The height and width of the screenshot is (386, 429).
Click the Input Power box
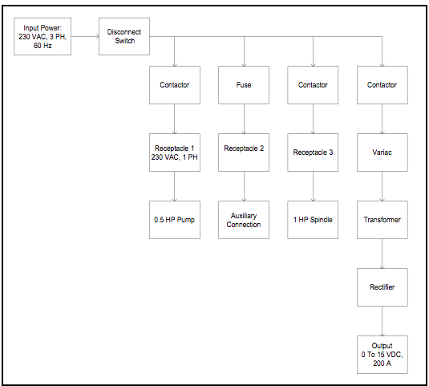pos(42,36)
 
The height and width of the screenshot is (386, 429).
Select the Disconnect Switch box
pos(124,36)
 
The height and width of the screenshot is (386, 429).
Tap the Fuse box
pos(244,85)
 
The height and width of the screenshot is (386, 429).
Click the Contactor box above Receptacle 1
pos(175,85)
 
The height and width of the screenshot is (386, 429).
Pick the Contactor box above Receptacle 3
pos(313,85)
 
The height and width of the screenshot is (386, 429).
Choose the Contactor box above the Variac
pos(382,85)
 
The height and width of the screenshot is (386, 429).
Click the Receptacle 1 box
pos(175,152)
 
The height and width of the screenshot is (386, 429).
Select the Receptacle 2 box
pos(244,152)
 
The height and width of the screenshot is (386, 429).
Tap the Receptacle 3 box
pos(313,152)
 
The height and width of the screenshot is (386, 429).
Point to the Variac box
pos(382,152)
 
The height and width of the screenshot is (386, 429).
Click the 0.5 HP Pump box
pos(175,220)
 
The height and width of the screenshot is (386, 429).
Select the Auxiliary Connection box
pos(244,220)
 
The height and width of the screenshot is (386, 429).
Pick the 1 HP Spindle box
pos(313,220)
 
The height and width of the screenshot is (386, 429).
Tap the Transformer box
pos(382,220)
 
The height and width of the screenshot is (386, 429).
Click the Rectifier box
pos(382,287)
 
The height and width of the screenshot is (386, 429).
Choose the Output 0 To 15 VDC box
pos(382,355)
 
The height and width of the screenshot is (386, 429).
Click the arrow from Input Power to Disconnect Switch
pos(85,36)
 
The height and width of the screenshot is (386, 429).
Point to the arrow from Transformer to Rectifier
pos(382,254)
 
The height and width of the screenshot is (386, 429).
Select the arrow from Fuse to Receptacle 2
pos(244,119)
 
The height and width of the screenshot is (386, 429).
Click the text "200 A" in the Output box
pos(382,364)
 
